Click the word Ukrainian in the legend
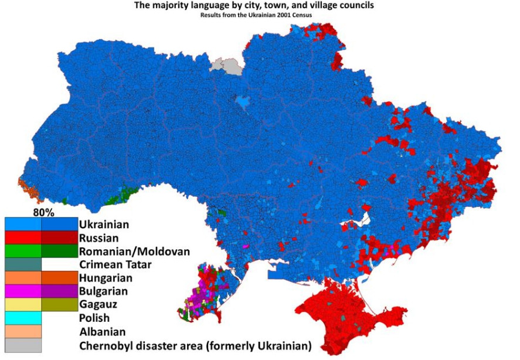[104, 225]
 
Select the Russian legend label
[98, 238]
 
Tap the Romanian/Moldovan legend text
[134, 252]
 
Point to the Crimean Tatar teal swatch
[23, 264]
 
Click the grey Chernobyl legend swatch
[23, 345]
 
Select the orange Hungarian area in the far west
[27, 186]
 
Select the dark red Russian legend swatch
[59, 238]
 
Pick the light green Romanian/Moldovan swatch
[23, 252]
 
